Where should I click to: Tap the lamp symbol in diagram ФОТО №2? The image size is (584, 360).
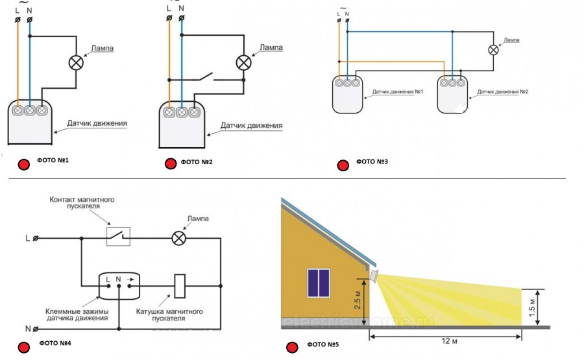[x=243, y=62]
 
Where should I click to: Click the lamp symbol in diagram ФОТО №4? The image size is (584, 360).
[x=178, y=238]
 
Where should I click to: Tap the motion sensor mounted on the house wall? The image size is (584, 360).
[x=374, y=275]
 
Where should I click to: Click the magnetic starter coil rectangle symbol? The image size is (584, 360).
[x=180, y=285]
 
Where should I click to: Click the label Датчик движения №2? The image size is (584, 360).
[x=503, y=92]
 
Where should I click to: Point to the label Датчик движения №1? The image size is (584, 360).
[x=398, y=92]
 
